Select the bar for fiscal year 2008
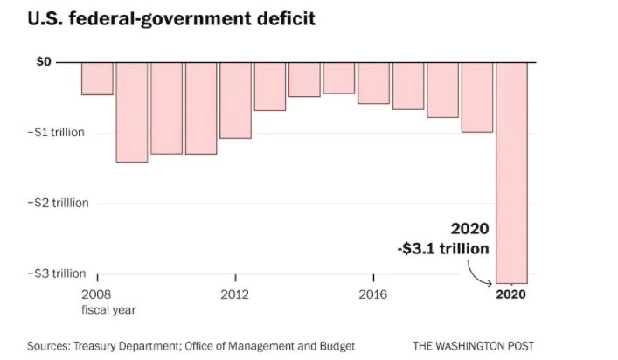[x=97, y=78]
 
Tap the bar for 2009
[x=131, y=112]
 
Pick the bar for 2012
[x=235, y=100]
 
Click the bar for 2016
[x=373, y=83]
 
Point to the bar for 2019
[x=477, y=97]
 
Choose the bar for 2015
[x=338, y=78]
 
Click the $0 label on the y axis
[x=44, y=62]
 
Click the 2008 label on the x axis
[x=97, y=294]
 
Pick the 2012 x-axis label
[x=235, y=294]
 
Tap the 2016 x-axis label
[x=373, y=294]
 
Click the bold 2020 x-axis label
[x=511, y=294]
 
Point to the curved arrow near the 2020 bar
[x=479, y=274]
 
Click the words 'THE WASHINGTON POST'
[x=473, y=345]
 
